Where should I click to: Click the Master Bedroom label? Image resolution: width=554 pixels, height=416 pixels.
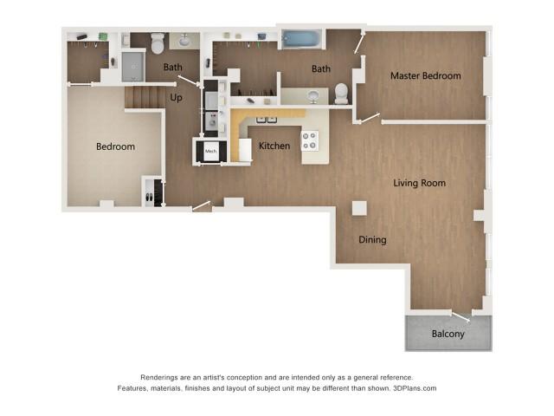point(425,76)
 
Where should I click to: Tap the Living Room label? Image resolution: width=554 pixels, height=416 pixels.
point(419,183)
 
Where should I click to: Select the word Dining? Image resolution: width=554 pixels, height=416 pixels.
point(372,240)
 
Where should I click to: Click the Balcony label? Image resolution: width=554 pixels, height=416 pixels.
point(448,334)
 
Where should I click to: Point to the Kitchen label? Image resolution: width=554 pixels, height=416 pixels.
point(274,146)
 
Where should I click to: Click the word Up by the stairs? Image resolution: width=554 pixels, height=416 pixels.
point(177,98)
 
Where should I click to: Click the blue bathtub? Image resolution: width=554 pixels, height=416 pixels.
point(301,39)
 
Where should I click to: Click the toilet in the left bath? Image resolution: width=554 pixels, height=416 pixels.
point(158,42)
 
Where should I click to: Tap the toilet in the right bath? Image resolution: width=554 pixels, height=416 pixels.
point(341,92)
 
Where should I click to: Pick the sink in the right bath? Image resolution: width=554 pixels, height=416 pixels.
point(313,95)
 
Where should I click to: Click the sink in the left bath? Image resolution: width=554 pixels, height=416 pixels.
point(184,40)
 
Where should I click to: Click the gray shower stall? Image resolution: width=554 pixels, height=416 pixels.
point(132,65)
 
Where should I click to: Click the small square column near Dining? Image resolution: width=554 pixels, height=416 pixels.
point(358,208)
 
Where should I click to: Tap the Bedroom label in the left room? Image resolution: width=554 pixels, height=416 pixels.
point(115,146)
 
